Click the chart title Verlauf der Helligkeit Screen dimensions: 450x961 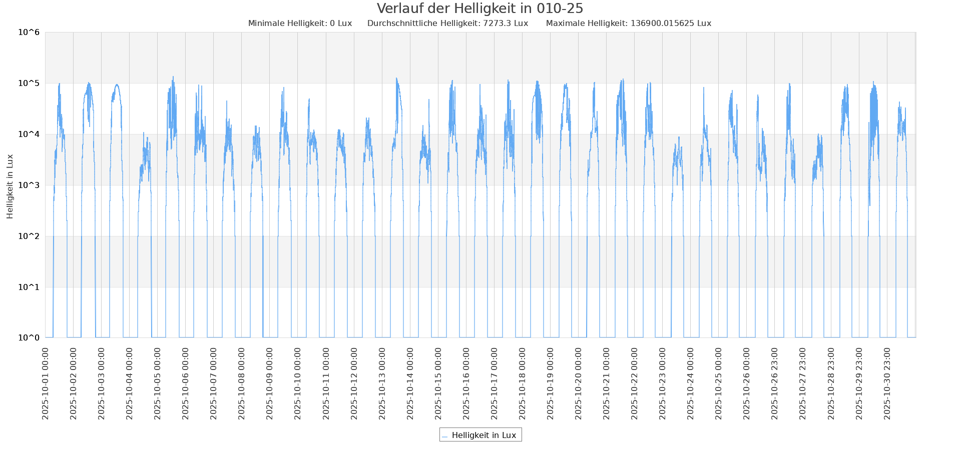pos(479,8)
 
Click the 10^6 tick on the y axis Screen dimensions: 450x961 pos(29,32)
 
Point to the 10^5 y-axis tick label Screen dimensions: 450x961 pos(29,83)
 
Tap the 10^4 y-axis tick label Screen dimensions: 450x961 pos(29,134)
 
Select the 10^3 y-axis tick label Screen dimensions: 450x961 pos(29,185)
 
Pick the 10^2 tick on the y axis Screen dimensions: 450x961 pos(29,236)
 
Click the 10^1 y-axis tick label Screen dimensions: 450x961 pos(29,287)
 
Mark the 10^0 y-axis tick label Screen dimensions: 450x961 pos(29,338)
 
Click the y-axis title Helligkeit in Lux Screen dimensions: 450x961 pos(10,186)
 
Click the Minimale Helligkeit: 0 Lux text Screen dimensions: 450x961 pos(300,23)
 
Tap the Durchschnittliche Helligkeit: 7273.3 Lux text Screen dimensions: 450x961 pos(447,23)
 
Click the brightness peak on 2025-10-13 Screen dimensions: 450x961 pos(396,78)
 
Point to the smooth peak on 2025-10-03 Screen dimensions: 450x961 pos(117,84)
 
